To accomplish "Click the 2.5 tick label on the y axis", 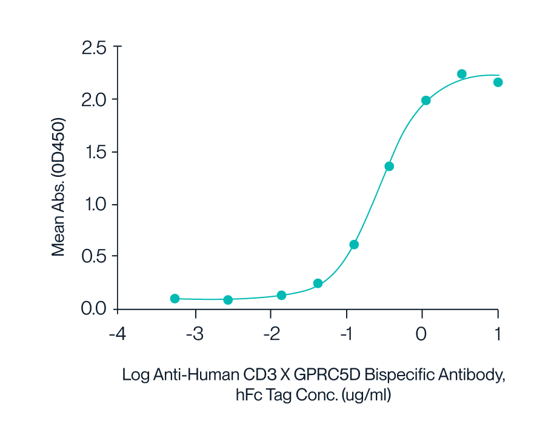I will [x=93, y=47].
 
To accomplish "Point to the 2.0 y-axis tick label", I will [x=93, y=99].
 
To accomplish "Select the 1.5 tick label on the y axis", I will [x=93, y=152].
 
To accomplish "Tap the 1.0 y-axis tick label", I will [x=93, y=204].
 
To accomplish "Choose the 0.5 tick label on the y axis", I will [x=93, y=256].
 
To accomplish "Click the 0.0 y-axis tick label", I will [x=93, y=308].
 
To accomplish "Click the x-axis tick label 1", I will [x=498, y=334].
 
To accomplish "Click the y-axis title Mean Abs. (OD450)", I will [x=58, y=187].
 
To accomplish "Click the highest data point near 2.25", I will [x=461, y=74].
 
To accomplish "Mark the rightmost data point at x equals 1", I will [x=498, y=82].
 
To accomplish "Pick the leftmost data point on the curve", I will [x=175, y=299].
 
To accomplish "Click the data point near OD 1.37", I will [x=389, y=166].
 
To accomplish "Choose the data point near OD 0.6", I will [x=354, y=245].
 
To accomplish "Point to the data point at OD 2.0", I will [x=426, y=101].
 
